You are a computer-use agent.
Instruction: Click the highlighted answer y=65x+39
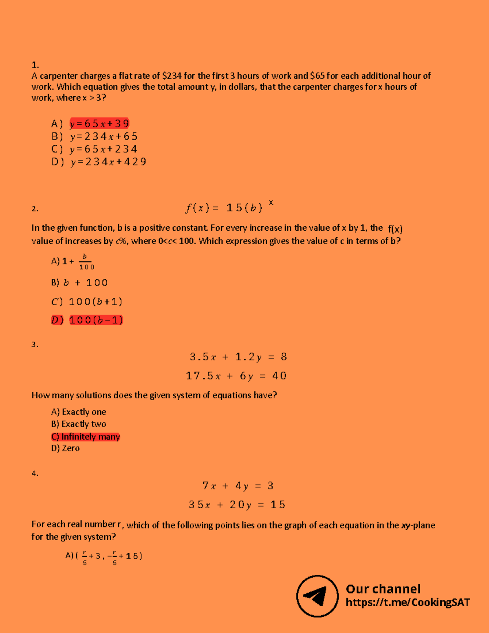pos(99,124)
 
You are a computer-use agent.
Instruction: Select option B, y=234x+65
pos(104,137)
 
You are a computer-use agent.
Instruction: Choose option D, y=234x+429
pos(108,162)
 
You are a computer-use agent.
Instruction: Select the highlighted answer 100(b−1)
pos(96,320)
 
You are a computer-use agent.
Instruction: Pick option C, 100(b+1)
pos(95,302)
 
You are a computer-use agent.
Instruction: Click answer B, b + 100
pos(86,283)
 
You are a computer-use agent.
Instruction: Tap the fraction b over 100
pos(86,262)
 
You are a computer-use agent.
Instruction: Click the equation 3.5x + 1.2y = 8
pos(238,357)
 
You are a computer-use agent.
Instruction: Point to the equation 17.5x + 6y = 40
pos(236,376)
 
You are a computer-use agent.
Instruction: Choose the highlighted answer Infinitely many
pos(90,437)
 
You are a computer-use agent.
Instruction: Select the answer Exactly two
pos(84,424)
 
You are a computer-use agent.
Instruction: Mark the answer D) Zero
pos(66,448)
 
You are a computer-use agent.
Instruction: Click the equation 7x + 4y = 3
pos(238,486)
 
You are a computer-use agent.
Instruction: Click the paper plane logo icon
pos(317,596)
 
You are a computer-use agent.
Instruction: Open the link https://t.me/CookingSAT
pos(407,602)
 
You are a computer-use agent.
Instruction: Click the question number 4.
pos(35,473)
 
